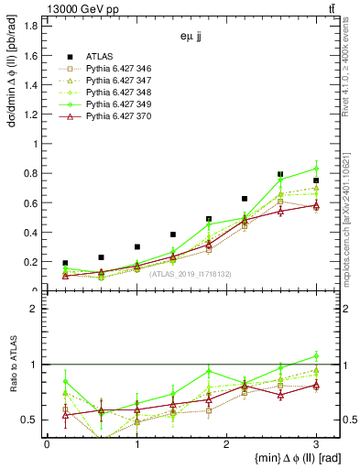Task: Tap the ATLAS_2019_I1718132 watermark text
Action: [x=188, y=273]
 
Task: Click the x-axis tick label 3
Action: [x=316, y=444]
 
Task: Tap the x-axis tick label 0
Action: [x=47, y=444]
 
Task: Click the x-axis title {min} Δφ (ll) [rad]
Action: [x=279, y=459]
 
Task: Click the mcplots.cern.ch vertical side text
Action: [x=351, y=220]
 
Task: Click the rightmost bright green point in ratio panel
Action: [x=316, y=356]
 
